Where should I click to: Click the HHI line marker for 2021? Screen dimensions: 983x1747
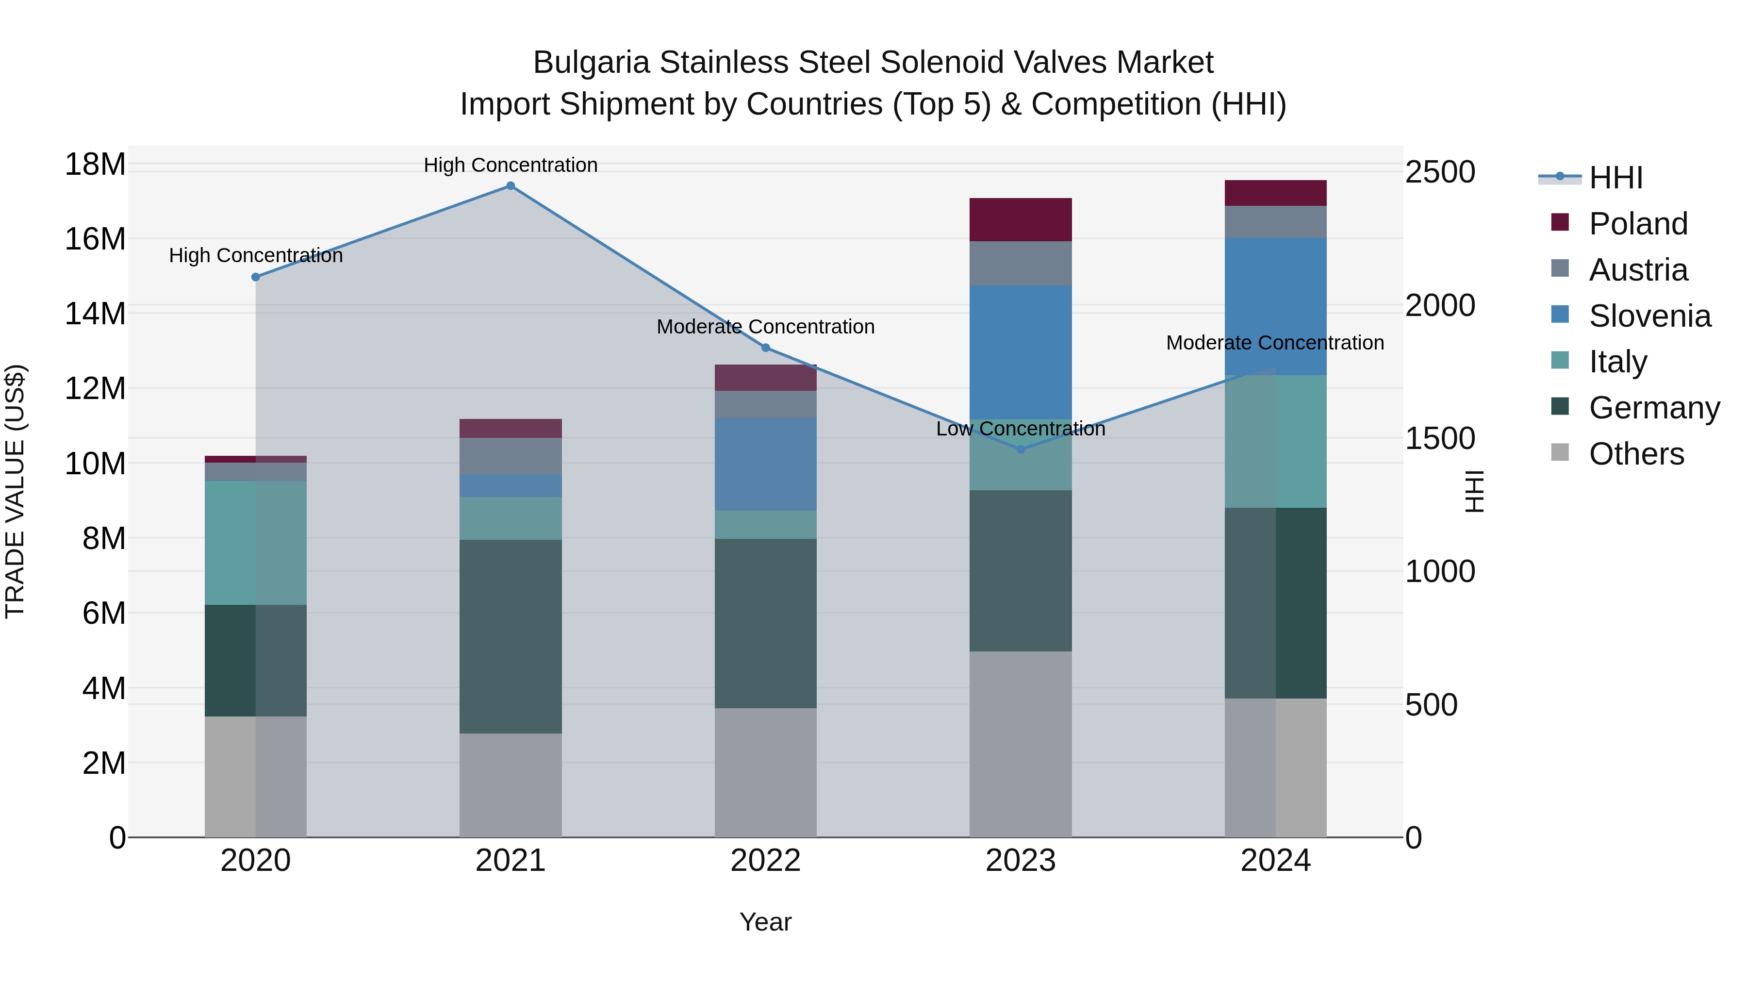pyautogui.click(x=511, y=186)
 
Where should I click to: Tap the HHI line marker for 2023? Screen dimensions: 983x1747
pyautogui.click(x=1021, y=449)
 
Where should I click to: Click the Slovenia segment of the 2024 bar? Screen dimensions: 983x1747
pyautogui.click(x=1276, y=307)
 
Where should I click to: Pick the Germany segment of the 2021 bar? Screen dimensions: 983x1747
pyautogui.click(x=511, y=636)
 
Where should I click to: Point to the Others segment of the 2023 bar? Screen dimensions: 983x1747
pyautogui.click(x=1021, y=744)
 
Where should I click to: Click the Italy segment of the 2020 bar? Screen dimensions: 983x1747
pyautogui.click(x=256, y=543)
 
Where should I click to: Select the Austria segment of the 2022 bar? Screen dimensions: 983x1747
pyautogui.click(x=766, y=404)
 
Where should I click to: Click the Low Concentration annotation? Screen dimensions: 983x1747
pyautogui.click(x=1021, y=429)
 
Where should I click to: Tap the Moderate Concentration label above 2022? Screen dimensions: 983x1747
pyautogui.click(x=766, y=327)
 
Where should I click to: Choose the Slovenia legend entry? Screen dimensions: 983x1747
pyautogui.click(x=1649, y=316)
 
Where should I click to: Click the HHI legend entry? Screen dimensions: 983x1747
pyautogui.click(x=1615, y=178)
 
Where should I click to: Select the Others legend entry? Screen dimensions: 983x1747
pyautogui.click(x=1636, y=454)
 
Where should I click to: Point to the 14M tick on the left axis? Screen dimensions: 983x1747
pyautogui.click(x=95, y=314)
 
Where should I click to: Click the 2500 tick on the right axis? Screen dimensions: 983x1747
pyautogui.click(x=1439, y=172)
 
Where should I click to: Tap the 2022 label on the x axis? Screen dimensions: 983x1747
pyautogui.click(x=766, y=861)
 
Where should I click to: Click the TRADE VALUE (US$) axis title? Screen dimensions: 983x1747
pyautogui.click(x=15, y=491)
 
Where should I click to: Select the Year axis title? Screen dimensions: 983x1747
pyautogui.click(x=766, y=922)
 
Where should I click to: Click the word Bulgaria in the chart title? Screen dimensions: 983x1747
pyautogui.click(x=592, y=63)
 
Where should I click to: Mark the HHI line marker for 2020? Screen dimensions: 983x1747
pyautogui.click(x=256, y=277)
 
